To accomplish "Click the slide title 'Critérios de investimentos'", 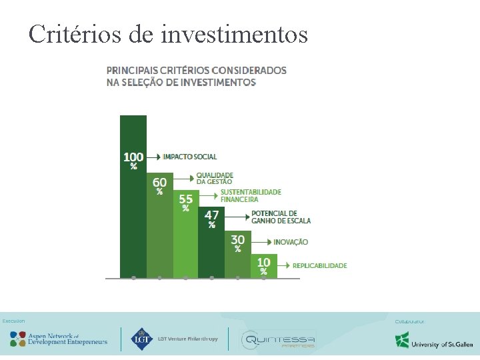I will (x=168, y=33).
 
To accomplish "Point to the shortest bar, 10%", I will (x=263, y=267).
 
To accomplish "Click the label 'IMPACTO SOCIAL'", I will (x=190, y=157).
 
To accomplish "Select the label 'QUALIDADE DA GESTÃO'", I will (x=214, y=178).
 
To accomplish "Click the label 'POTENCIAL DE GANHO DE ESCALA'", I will (x=281, y=217).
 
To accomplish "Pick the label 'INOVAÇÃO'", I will (x=291, y=242).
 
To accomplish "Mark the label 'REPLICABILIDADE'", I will (x=319, y=265).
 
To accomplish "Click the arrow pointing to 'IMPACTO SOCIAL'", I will (x=154, y=157).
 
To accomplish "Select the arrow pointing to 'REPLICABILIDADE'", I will (x=284, y=265).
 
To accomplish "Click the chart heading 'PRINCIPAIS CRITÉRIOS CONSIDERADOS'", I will (x=197, y=70).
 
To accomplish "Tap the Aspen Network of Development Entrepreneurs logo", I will (x=59, y=339).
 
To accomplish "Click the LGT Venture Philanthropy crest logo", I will (x=141, y=339).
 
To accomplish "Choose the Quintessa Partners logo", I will (x=277, y=341).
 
